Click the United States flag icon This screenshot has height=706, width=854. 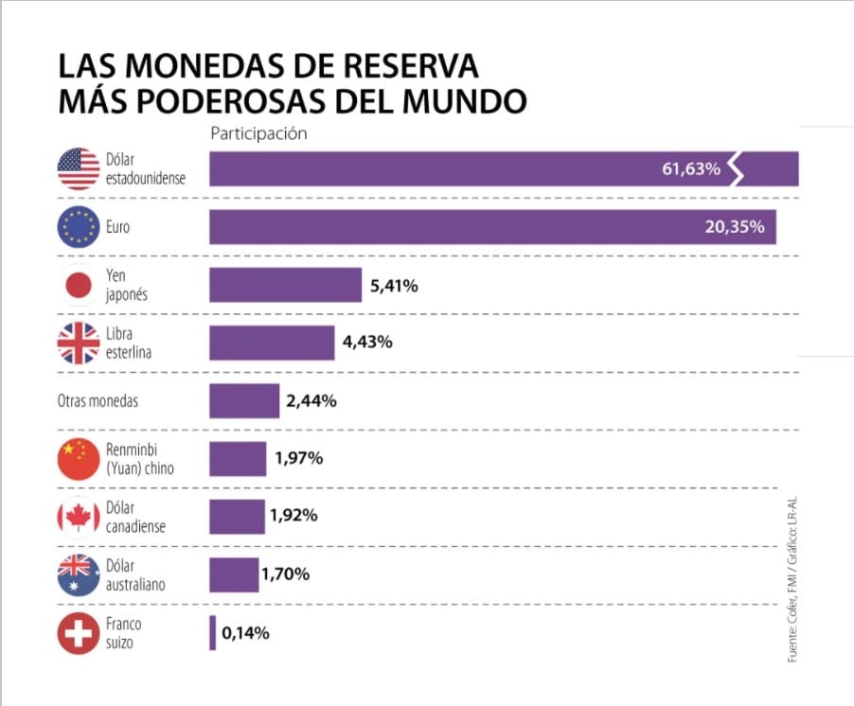click(x=78, y=169)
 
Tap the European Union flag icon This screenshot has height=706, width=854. click(x=78, y=227)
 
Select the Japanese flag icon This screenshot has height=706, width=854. click(x=78, y=285)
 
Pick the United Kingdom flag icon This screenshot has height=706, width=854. click(x=78, y=343)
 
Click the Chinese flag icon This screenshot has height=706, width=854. click(x=78, y=459)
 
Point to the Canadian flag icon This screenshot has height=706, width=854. click(x=78, y=517)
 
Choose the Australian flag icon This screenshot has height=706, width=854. click(x=78, y=575)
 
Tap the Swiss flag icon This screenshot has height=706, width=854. click(x=78, y=633)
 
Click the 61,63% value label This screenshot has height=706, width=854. click(x=691, y=169)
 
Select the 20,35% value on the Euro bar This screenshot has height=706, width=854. click(x=735, y=228)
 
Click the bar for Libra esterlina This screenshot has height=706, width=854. click(x=272, y=343)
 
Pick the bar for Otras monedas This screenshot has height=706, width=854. click(x=244, y=401)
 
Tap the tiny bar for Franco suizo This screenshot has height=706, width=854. click(x=213, y=633)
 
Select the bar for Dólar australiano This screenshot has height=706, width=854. click(x=234, y=575)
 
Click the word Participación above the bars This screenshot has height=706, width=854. click(x=258, y=133)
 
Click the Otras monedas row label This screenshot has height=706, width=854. click(x=98, y=401)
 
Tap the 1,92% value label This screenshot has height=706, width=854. click(x=294, y=517)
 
